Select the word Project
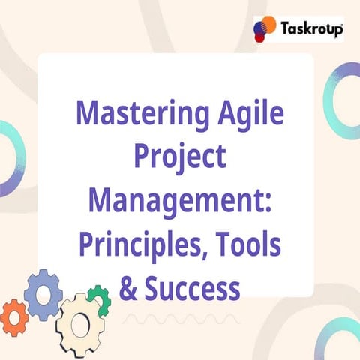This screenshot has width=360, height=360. [179, 158]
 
